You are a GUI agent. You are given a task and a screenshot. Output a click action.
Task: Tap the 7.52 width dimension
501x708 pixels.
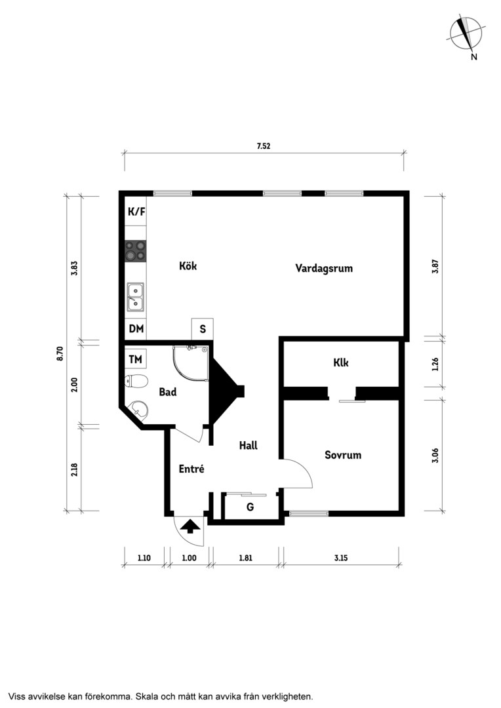(264, 146)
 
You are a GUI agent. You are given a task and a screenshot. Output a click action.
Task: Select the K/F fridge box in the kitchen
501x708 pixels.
(136, 211)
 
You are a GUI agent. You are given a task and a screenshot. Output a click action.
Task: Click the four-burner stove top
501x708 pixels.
(136, 250)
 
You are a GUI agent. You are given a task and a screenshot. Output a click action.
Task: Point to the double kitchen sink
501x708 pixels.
(136, 297)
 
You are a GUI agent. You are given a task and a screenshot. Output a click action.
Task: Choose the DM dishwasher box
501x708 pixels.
(136, 329)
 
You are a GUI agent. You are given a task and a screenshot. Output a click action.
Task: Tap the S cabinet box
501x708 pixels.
(203, 329)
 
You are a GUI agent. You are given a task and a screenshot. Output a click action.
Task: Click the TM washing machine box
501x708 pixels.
(136, 359)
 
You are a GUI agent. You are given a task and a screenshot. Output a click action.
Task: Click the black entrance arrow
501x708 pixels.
(190, 526)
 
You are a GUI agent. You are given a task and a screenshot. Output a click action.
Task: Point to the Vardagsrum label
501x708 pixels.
(324, 268)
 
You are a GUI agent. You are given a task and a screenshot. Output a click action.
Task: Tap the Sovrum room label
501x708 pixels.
(343, 455)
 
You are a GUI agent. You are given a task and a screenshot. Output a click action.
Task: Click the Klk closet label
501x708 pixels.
(341, 363)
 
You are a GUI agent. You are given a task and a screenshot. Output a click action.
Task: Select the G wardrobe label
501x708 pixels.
(250, 507)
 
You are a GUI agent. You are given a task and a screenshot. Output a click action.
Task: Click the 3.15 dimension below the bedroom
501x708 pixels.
(341, 558)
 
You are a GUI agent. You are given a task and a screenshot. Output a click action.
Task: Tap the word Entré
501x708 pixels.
(191, 469)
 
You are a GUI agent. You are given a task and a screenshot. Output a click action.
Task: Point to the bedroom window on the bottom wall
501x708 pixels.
(309, 513)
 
